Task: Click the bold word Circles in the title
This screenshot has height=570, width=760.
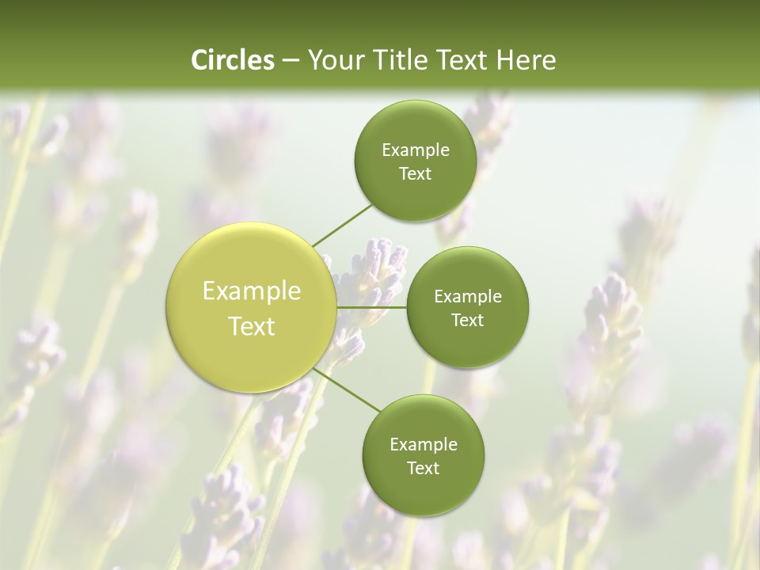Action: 232,60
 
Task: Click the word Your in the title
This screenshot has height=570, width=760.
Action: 333,60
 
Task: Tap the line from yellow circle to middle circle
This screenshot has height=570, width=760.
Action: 371,307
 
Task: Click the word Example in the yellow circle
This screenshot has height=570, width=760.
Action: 252,291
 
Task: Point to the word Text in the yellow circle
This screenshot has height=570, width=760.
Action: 252,326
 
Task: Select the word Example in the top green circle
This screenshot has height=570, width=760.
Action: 416,150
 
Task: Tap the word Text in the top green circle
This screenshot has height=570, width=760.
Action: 416,174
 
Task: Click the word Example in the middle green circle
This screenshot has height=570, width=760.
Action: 468,297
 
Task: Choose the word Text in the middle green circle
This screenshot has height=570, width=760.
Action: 468,321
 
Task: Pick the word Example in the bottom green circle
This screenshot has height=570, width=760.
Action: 424,445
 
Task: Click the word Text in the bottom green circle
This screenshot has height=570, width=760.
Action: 424,469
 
